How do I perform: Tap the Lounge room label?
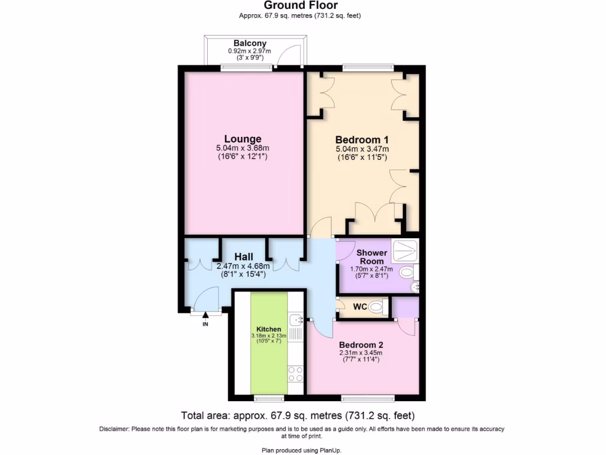243,139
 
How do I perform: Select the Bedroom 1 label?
362,139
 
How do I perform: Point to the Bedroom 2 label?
361,345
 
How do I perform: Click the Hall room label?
244,257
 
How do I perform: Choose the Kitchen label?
269,329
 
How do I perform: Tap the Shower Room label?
371,257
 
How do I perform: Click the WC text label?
360,307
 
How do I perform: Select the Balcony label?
250,43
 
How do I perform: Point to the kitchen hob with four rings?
295,374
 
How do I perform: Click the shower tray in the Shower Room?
405,251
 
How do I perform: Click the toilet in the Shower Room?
407,273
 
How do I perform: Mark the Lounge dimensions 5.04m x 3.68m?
243,149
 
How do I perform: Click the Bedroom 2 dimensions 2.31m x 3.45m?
361,353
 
